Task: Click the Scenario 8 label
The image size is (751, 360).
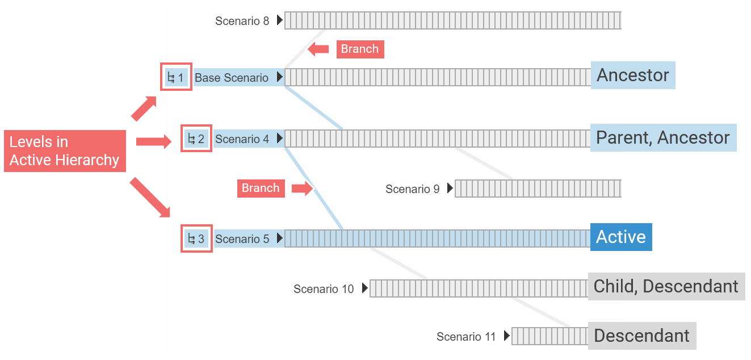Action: [242, 21]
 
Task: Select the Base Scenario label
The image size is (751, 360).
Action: [231, 78]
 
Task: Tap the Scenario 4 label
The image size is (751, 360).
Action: [242, 139]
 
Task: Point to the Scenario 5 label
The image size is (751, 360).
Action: [242, 239]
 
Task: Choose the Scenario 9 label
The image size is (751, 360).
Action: [412, 189]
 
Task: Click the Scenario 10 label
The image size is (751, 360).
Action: [323, 289]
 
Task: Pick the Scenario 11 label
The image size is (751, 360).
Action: [466, 337]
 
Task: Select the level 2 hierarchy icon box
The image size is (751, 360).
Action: [196, 139]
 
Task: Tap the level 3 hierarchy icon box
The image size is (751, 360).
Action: [196, 239]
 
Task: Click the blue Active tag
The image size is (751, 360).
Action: [621, 237]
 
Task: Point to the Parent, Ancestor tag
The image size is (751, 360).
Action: [663, 137]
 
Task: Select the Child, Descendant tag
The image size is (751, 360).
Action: [666, 286]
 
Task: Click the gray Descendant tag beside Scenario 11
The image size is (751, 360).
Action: [641, 336]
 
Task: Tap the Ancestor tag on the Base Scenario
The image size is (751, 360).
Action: [633, 75]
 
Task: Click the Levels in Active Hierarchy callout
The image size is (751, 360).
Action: [65, 151]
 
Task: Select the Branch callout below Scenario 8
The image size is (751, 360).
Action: [360, 49]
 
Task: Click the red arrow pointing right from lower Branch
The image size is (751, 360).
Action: [302, 189]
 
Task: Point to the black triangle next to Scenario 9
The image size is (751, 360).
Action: [450, 188]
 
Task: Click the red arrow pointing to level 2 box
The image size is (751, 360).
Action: [153, 141]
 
